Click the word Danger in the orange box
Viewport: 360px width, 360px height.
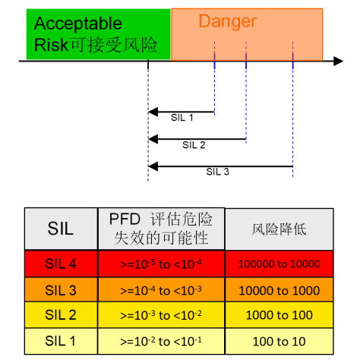point(228,22)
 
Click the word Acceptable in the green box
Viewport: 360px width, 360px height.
point(78,24)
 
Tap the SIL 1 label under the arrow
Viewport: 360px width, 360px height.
point(182,118)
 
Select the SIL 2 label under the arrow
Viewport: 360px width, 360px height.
point(194,145)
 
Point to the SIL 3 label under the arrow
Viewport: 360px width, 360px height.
point(217,172)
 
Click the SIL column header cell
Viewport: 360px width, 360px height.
point(61,229)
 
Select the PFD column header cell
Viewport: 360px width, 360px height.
point(161,229)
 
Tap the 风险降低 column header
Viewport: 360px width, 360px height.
point(279,229)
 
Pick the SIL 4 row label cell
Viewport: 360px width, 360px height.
point(61,264)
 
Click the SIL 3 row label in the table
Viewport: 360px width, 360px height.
point(61,290)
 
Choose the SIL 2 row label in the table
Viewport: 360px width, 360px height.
point(61,314)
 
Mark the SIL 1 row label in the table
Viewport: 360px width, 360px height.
point(61,341)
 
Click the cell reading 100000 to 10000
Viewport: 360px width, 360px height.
point(279,264)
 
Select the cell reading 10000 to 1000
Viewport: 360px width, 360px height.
point(279,290)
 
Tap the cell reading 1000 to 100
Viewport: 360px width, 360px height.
point(279,314)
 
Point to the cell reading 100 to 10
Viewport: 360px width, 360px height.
point(279,341)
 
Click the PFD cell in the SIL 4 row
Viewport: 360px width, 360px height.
point(161,264)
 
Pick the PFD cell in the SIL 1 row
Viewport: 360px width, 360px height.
point(161,341)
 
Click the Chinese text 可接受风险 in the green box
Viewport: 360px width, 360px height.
point(113,45)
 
